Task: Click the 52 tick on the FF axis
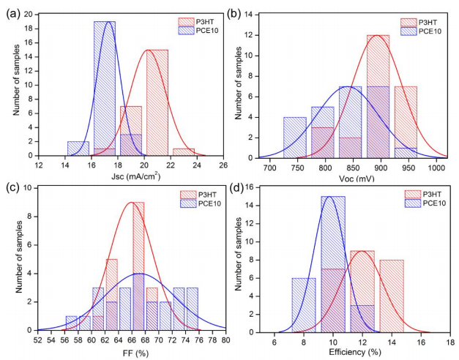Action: [x=38, y=341]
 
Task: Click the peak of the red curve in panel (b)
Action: [x=377, y=35]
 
